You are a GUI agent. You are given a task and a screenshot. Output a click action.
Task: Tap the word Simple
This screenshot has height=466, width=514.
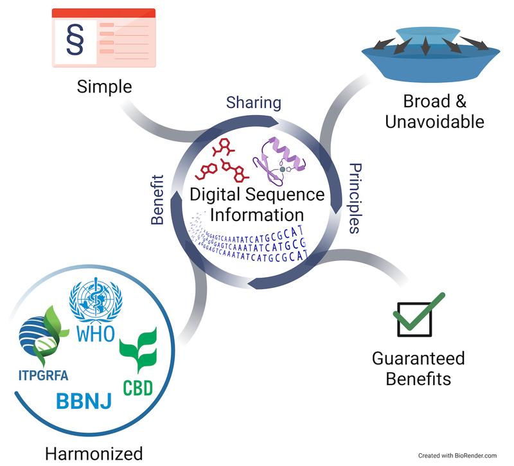(104, 86)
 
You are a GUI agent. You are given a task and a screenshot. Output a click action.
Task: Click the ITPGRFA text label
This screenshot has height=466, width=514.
(44, 375)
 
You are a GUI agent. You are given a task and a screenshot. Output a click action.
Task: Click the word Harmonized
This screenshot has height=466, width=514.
(94, 452)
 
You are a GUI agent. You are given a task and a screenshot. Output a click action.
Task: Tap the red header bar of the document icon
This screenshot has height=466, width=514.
(103, 13)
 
